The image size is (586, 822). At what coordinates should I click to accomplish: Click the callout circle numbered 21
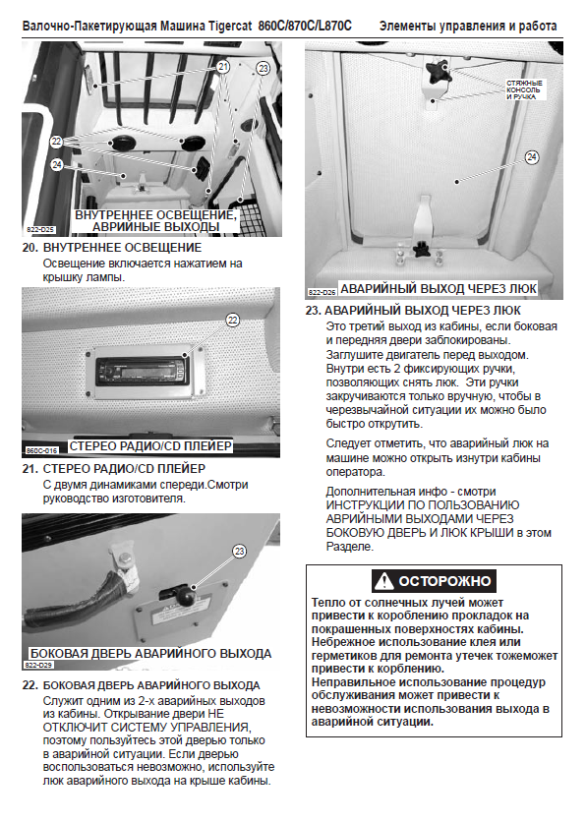click(223, 67)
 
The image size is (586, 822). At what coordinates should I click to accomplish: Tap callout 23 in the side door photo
click(240, 551)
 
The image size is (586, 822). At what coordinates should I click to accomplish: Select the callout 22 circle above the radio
click(233, 320)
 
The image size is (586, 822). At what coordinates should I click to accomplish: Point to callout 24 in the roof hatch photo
click(532, 156)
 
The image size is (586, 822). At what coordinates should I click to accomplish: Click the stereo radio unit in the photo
click(142, 371)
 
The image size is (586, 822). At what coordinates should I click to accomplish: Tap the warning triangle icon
click(384, 581)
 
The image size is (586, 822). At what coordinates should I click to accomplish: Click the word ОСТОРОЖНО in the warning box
click(444, 581)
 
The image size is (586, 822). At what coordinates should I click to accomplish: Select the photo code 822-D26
click(322, 293)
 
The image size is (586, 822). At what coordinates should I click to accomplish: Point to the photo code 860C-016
click(42, 450)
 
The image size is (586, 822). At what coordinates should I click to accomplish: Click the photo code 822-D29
click(38, 665)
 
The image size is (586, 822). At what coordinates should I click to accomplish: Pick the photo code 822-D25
click(40, 230)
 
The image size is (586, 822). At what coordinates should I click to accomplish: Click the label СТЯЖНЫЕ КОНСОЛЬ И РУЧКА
click(524, 90)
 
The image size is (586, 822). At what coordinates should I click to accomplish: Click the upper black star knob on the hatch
click(439, 72)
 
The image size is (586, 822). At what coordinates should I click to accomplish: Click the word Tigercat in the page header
click(230, 26)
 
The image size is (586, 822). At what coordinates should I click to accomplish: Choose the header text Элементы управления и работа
click(468, 26)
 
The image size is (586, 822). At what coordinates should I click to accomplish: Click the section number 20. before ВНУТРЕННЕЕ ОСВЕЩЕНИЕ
click(29, 248)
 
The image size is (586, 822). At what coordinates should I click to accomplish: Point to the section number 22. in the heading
click(29, 685)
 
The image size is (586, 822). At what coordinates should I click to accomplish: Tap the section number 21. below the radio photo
click(29, 469)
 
